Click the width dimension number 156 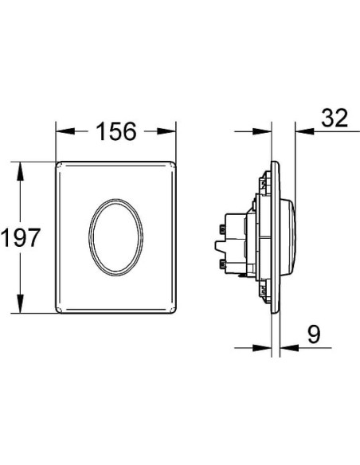(116, 131)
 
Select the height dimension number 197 (21, 237)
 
